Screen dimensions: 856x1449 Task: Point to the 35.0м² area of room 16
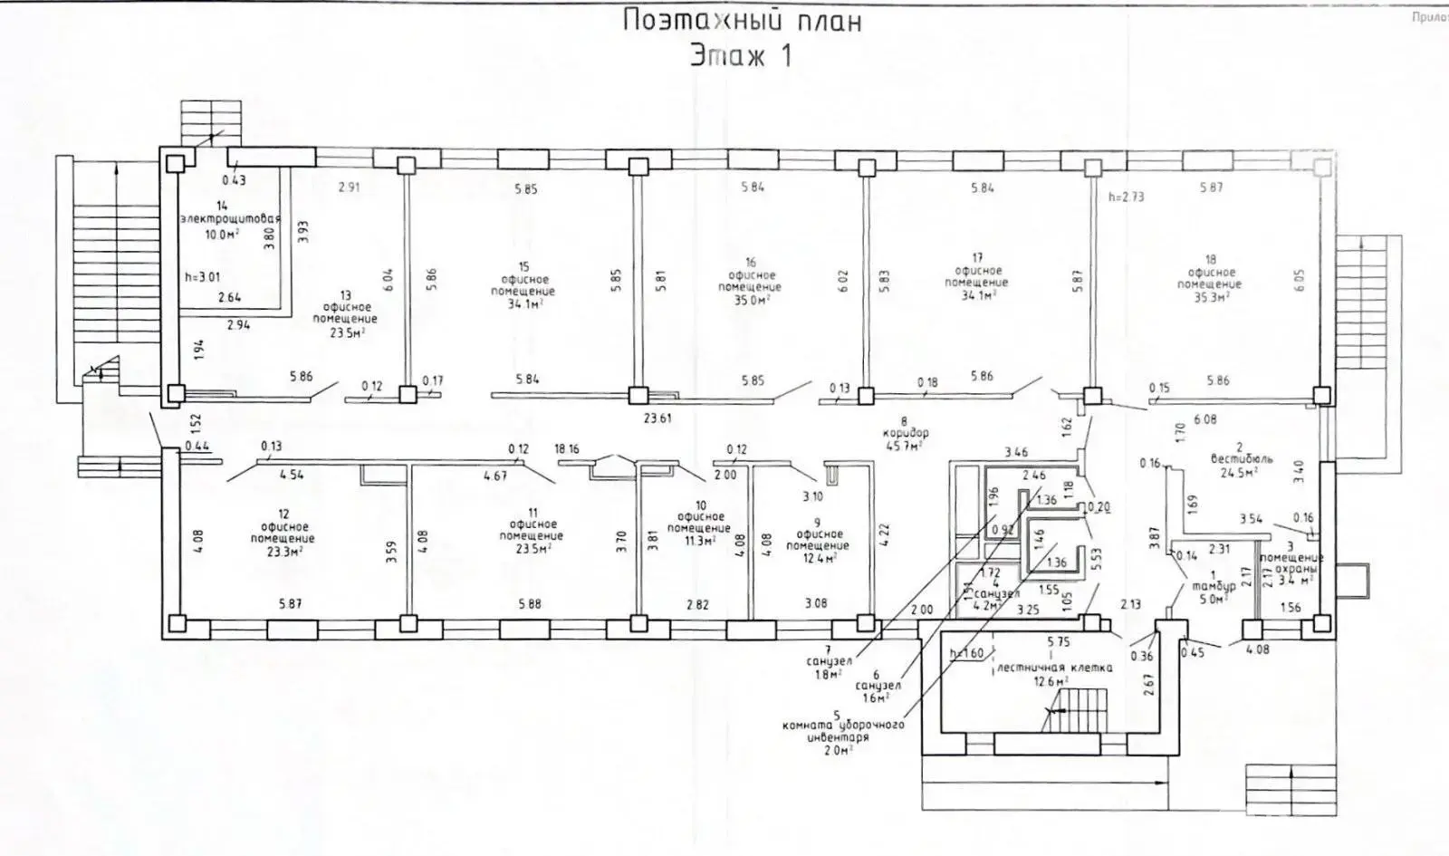click(x=750, y=298)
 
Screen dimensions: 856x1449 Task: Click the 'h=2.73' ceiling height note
click(x=1126, y=197)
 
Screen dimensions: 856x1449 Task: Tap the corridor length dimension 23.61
click(x=657, y=418)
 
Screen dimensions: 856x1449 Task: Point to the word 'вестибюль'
click(x=1241, y=459)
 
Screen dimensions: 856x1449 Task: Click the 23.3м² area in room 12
click(x=283, y=550)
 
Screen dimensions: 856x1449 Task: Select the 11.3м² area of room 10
click(x=698, y=540)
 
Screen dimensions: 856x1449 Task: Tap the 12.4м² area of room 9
click(x=817, y=557)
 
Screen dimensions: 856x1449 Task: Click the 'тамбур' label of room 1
click(x=1214, y=586)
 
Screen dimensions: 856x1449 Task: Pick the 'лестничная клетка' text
click(x=1053, y=668)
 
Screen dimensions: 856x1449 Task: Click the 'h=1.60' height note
click(x=966, y=653)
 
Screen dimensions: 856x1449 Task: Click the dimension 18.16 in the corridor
click(x=567, y=448)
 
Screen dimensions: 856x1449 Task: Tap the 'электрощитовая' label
click(x=230, y=219)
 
